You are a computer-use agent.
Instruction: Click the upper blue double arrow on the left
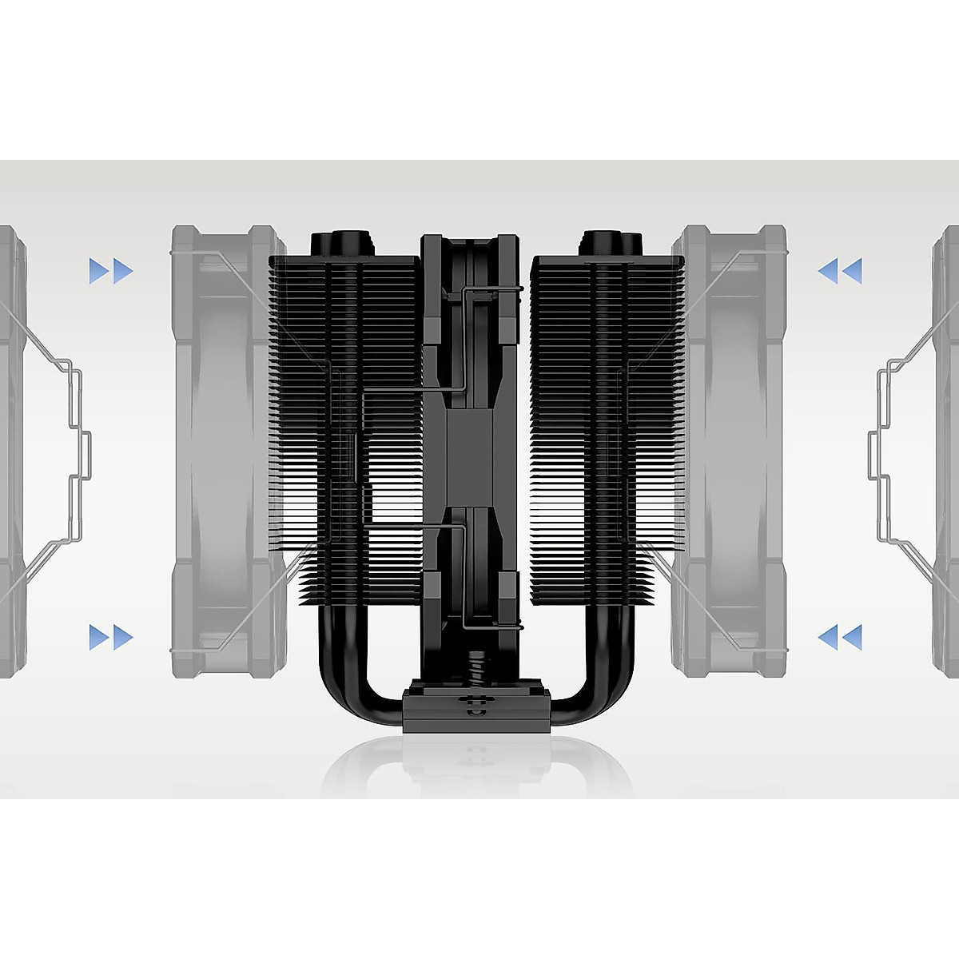coord(111,272)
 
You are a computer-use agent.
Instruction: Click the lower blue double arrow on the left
coord(111,637)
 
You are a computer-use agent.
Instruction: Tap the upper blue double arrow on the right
coord(840,272)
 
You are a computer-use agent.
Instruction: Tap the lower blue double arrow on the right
coord(840,637)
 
